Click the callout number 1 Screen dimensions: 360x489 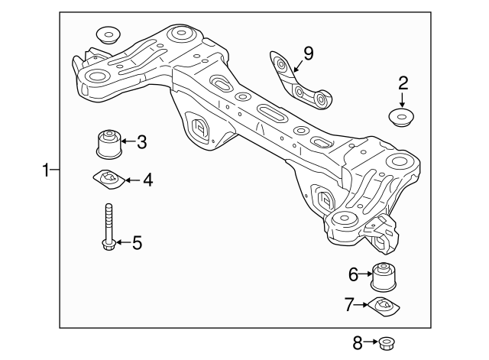(x=47, y=170)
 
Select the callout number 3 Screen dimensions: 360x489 (x=142, y=141)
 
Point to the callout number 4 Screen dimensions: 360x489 (x=147, y=180)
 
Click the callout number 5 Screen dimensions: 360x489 (x=137, y=243)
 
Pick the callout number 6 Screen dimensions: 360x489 (x=354, y=273)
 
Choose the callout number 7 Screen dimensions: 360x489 (x=349, y=305)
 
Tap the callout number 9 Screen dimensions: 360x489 (x=308, y=53)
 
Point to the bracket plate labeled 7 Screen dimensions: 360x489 (x=384, y=306)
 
